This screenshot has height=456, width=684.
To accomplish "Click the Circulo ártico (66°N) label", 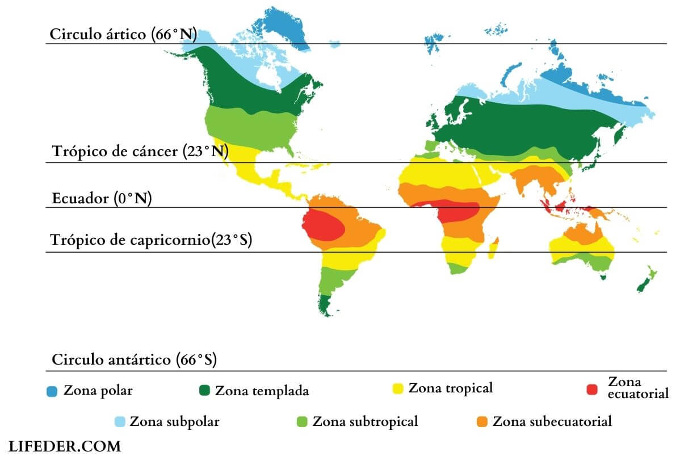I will tap(123, 34).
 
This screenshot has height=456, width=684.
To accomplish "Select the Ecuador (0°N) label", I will tap(102, 199).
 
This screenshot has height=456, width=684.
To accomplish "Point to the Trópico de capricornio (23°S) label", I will tap(151, 240).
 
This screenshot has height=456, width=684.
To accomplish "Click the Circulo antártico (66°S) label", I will tap(135, 359).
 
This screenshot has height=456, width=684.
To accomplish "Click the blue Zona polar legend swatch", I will tap(52, 391).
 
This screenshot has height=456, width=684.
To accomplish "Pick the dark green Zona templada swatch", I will tap(204, 390).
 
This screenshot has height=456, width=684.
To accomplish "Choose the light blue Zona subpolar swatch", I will tap(120, 421).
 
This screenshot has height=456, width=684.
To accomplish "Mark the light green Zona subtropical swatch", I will tap(303, 421).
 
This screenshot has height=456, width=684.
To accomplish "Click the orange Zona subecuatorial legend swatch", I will tap(482, 421).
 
